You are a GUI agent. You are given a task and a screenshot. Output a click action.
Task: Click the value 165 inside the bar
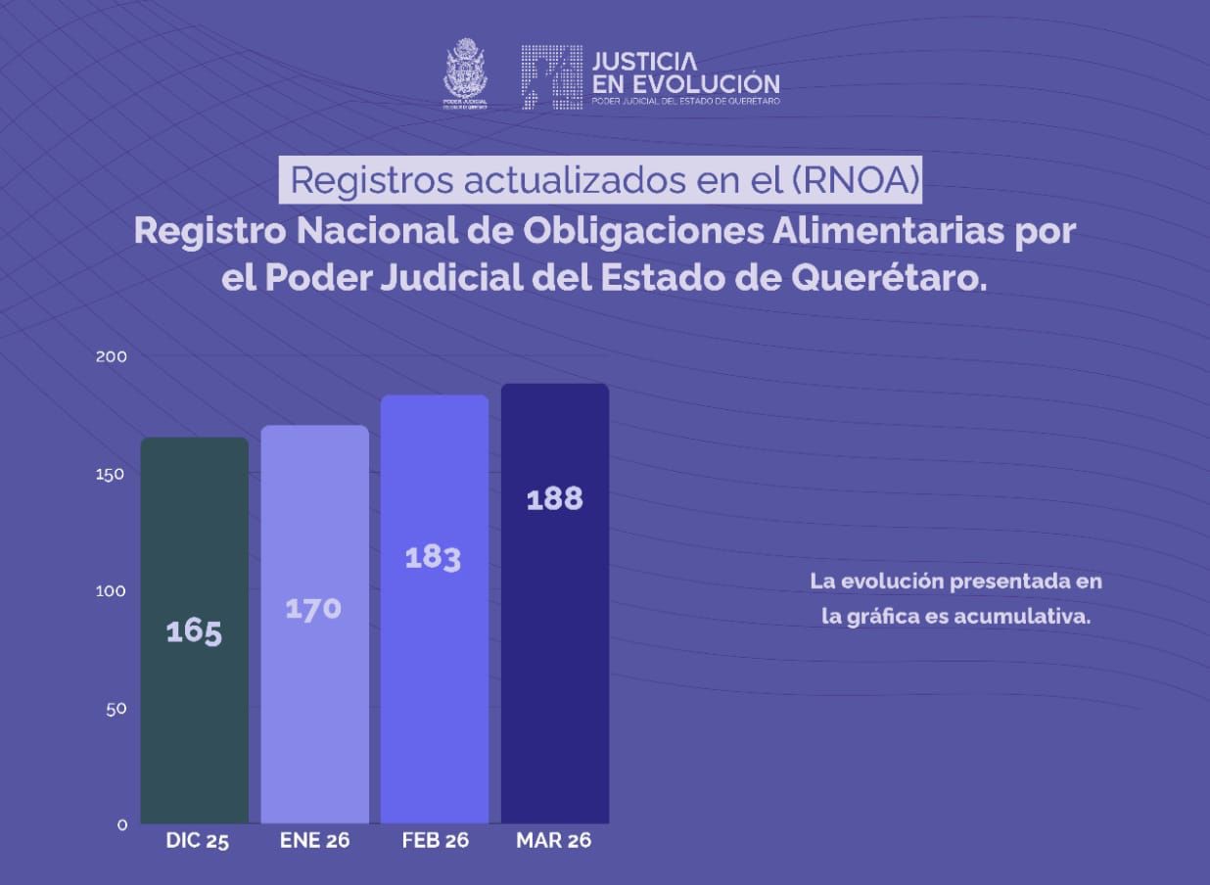tap(194, 631)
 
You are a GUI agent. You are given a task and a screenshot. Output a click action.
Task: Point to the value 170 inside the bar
tap(313, 609)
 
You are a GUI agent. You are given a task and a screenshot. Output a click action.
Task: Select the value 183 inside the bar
tap(433, 558)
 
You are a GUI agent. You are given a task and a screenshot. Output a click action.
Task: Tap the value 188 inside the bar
tap(554, 499)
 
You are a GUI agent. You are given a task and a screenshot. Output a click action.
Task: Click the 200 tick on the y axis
tap(112, 356)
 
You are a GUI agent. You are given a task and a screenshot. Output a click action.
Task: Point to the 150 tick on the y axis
tap(112, 474)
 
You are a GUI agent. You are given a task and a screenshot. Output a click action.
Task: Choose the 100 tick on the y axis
tap(112, 590)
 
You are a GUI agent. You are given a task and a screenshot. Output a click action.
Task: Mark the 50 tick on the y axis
tap(116, 708)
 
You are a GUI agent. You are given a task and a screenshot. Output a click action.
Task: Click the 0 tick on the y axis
tap(122, 824)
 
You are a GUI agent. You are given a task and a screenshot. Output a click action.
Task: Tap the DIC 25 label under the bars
tap(197, 841)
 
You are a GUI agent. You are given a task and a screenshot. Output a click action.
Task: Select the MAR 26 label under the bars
tap(554, 840)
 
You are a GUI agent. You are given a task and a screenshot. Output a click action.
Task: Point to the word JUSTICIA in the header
tap(645, 62)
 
